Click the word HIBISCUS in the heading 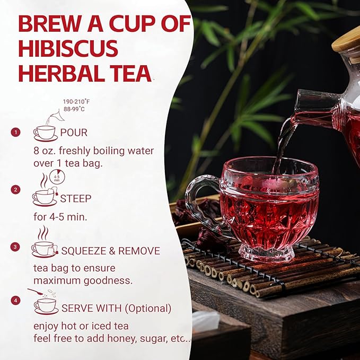tap(68, 48)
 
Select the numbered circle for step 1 tap(15, 132)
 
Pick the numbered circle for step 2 tap(15, 190)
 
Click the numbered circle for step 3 tap(15, 247)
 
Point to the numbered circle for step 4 tap(15, 300)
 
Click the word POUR tap(74, 133)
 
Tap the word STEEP tap(76, 199)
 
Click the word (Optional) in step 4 tap(148, 309)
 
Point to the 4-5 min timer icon tap(57, 177)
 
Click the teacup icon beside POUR tap(46, 134)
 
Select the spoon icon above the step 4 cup tap(36, 292)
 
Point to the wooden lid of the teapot tap(347, 45)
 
